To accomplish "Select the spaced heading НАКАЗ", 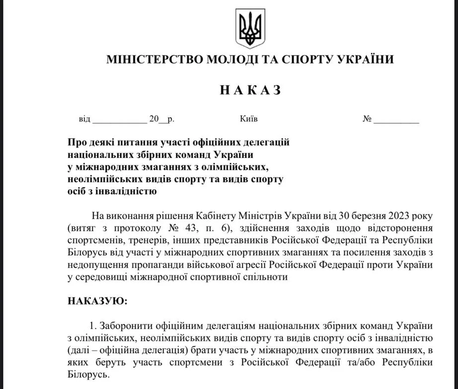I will pos(250,90).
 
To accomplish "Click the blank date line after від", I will pos(119,120).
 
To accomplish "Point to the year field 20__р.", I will pos(161,119).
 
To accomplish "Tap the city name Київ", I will pos(248,119).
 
